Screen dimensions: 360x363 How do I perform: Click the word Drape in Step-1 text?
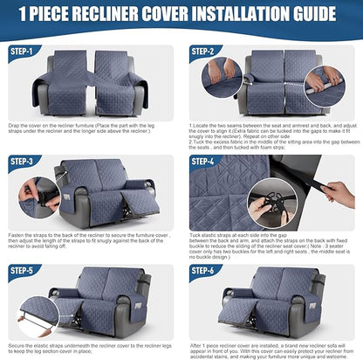(17, 125)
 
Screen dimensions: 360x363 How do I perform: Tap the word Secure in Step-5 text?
(18, 344)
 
